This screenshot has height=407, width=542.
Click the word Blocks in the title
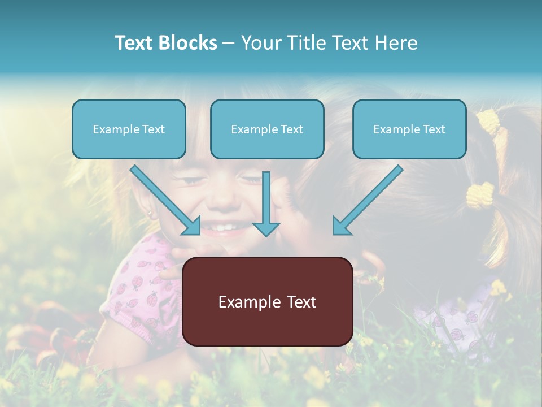point(187,43)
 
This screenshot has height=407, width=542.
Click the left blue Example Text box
point(129,129)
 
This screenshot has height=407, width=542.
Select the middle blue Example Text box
point(267,129)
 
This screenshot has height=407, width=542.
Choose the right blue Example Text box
point(409,129)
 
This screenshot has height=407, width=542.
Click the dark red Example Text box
point(268,302)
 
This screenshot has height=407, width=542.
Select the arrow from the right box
point(367,201)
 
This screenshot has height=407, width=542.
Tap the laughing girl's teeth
point(225,228)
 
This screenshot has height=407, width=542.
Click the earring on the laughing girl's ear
point(150,214)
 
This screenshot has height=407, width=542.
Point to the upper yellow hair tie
point(488,120)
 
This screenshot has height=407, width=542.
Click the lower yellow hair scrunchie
point(480,196)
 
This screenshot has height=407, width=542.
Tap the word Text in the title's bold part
point(135,43)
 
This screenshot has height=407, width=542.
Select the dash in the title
point(229,43)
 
